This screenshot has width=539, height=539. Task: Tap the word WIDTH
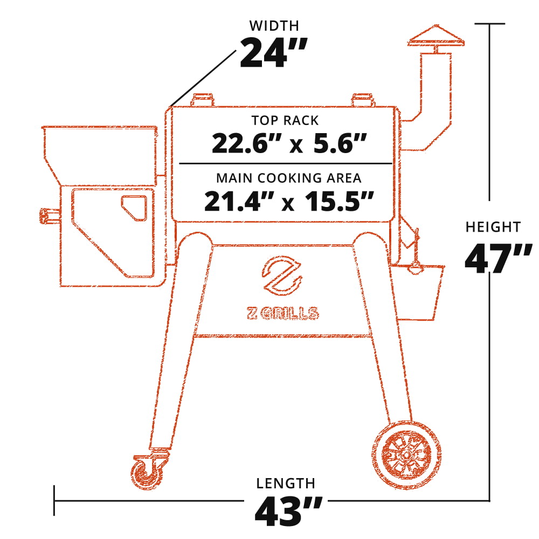click(274, 25)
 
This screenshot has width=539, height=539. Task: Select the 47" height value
click(494, 259)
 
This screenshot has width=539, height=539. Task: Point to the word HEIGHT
click(493, 227)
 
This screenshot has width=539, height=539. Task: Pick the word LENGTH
click(286, 483)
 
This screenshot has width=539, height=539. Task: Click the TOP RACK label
click(285, 120)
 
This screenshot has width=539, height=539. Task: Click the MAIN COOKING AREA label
click(288, 178)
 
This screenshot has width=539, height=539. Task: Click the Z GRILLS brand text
click(282, 313)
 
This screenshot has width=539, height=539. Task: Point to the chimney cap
click(437, 37)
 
